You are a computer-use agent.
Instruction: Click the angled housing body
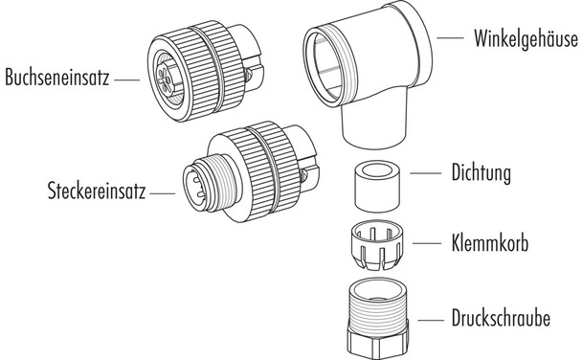click(x=373, y=86)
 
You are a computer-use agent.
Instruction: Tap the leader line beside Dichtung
click(x=424, y=174)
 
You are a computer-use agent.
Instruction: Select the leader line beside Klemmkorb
click(x=424, y=243)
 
